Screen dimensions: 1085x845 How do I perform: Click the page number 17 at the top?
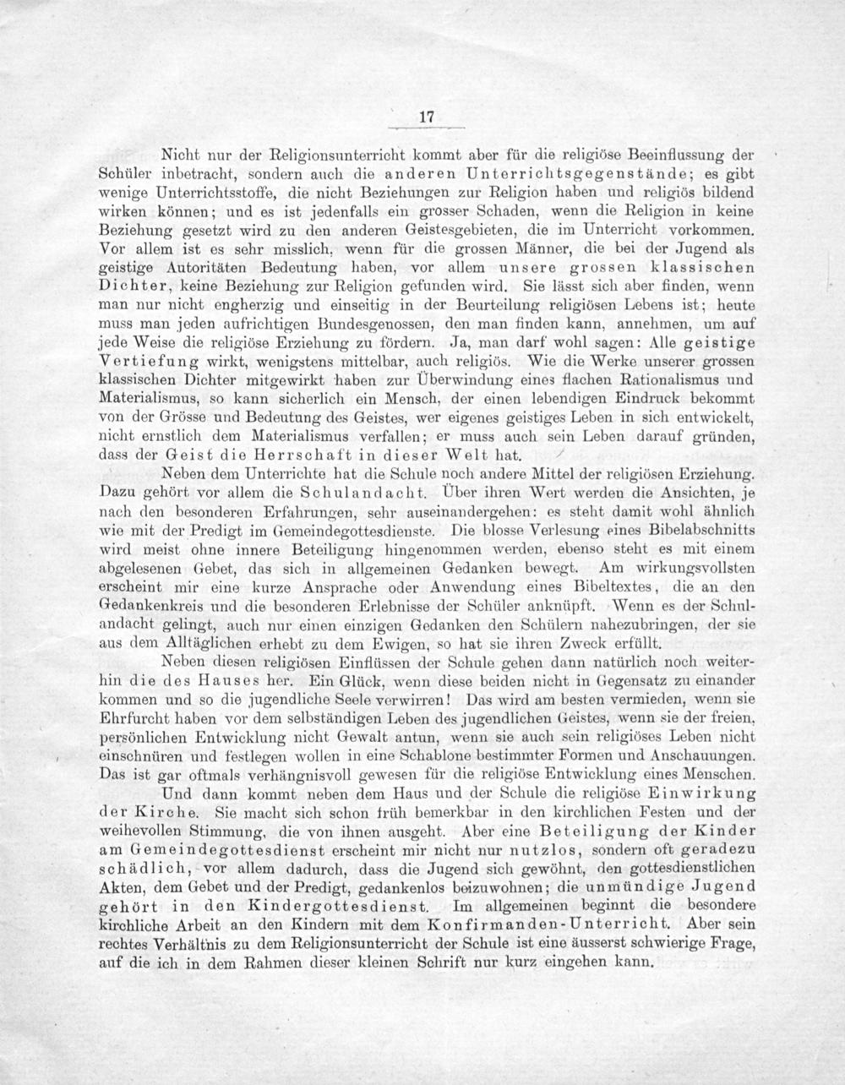426,118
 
